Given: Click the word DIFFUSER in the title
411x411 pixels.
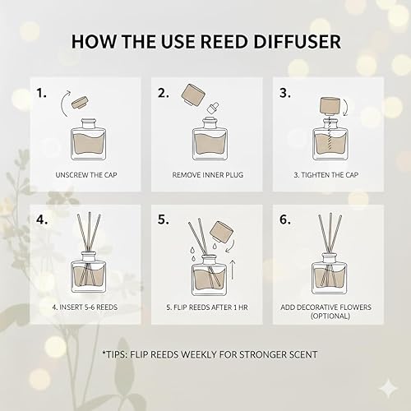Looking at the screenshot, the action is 297,41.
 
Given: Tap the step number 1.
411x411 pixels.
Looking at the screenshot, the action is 41,93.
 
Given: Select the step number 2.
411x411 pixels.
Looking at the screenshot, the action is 164,93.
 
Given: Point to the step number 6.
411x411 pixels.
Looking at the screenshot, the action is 285,219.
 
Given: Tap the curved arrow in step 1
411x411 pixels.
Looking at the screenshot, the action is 63,104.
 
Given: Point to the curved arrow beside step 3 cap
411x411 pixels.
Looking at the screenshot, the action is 345,107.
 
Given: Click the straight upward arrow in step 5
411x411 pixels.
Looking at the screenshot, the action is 233,270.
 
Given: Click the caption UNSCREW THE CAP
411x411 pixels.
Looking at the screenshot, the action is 86,175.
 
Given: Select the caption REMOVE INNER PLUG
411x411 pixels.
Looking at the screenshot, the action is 208,175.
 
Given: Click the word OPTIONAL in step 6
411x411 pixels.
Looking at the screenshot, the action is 330,316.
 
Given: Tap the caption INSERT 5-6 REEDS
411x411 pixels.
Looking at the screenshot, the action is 85,307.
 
